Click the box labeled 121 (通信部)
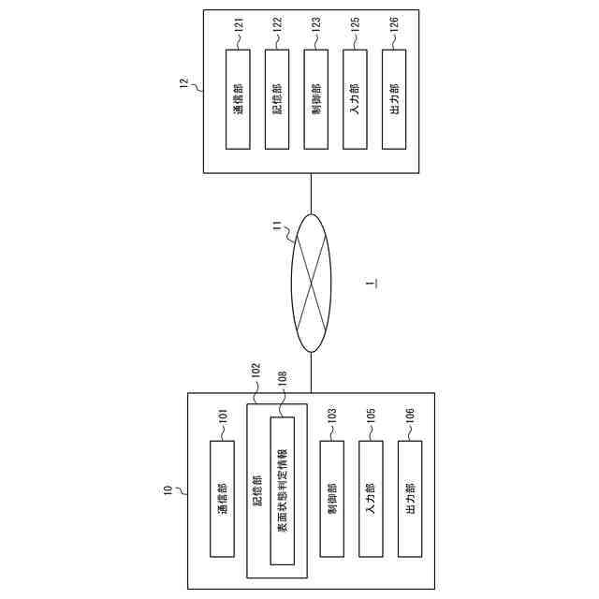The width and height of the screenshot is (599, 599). click(x=239, y=98)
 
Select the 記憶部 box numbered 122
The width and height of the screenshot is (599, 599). click(x=277, y=98)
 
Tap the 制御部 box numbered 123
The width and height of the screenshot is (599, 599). click(x=315, y=98)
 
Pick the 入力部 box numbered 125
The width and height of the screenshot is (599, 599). click(x=355, y=98)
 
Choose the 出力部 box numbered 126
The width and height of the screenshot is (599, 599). click(x=394, y=98)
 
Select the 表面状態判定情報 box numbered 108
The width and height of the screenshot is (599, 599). click(x=282, y=490)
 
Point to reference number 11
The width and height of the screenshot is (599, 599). click(x=276, y=224)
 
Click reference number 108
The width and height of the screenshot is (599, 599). click(x=282, y=383)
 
